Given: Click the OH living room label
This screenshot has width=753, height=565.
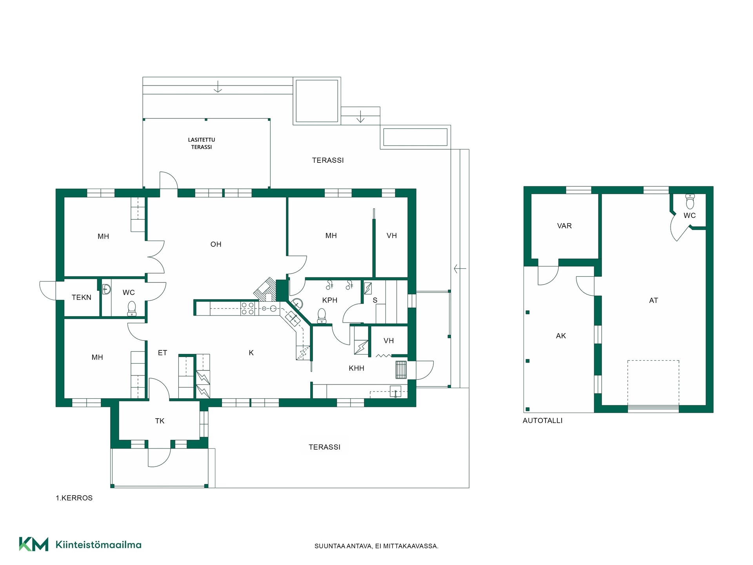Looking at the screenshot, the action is coord(216,244).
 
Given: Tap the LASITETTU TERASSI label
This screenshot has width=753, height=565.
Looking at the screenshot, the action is coord(202,143).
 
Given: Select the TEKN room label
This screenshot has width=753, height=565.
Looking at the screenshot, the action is coord(82,297).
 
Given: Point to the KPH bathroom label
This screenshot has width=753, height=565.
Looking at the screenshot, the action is coord(330,300).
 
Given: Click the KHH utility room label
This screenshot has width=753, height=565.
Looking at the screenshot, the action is coord(356,368).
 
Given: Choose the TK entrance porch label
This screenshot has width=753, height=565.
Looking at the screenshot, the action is coord(160,421).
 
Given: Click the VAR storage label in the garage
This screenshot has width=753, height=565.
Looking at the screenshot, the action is coord(564,226).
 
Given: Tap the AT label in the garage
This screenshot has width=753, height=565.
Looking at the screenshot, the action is coord(653,301).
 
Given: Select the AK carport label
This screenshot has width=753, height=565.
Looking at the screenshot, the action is coord(561,336).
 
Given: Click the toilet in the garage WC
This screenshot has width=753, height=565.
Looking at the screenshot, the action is coord(690,201).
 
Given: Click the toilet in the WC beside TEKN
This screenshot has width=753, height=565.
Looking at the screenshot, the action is coord(132,308).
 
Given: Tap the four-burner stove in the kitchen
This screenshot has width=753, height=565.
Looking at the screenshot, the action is coord(247,308).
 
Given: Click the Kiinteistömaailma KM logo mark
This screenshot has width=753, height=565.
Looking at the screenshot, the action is coord(34,544).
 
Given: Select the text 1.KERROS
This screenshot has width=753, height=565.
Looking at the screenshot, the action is coord(74,498).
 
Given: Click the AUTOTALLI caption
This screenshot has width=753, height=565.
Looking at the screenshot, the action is coord(542,421).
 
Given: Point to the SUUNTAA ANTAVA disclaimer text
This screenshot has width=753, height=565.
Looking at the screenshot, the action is coord(376,546).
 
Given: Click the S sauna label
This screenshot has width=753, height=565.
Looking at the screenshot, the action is coord(375,300).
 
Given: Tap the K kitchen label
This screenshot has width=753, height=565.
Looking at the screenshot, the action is coord(251,353).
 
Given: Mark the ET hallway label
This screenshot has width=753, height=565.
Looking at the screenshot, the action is coord(162,353).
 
